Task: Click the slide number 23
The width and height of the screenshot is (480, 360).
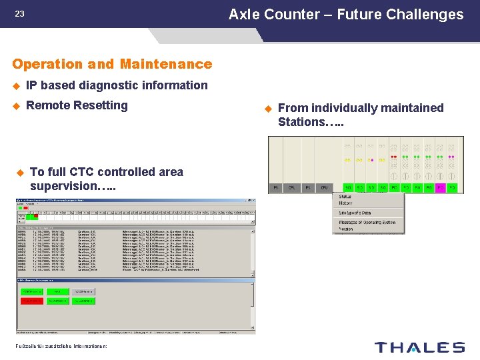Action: pyautogui.click(x=19, y=13)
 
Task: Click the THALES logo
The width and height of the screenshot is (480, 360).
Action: pyautogui.click(x=419, y=347)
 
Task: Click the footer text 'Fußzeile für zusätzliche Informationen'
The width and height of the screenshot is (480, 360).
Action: pyautogui.click(x=61, y=345)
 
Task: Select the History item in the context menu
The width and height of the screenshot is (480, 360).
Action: pyautogui.click(x=347, y=203)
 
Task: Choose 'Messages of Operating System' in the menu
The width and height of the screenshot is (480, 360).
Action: pyautogui.click(x=367, y=222)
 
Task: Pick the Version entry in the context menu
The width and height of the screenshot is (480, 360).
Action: pyautogui.click(x=347, y=229)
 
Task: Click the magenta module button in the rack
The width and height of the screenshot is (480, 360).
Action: pyautogui.click(x=440, y=188)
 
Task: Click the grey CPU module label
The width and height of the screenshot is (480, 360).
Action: pyautogui.click(x=324, y=188)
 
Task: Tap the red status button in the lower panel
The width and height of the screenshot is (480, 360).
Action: pyautogui.click(x=31, y=301)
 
